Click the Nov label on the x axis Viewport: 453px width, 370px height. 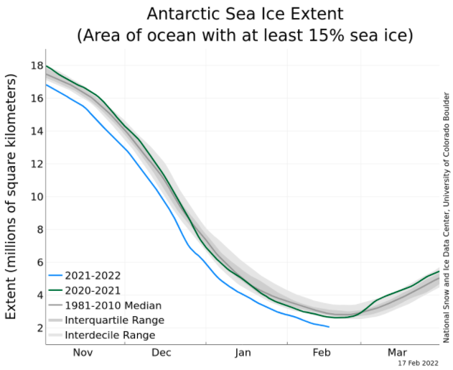pos(83,353)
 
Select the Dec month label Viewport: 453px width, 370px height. pos(162,353)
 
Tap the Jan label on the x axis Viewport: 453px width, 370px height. pos(243,353)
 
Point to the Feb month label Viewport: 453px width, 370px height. pos(320,353)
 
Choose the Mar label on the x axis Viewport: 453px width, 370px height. pos(397,353)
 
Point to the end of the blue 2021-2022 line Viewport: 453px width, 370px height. pos(329,327)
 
